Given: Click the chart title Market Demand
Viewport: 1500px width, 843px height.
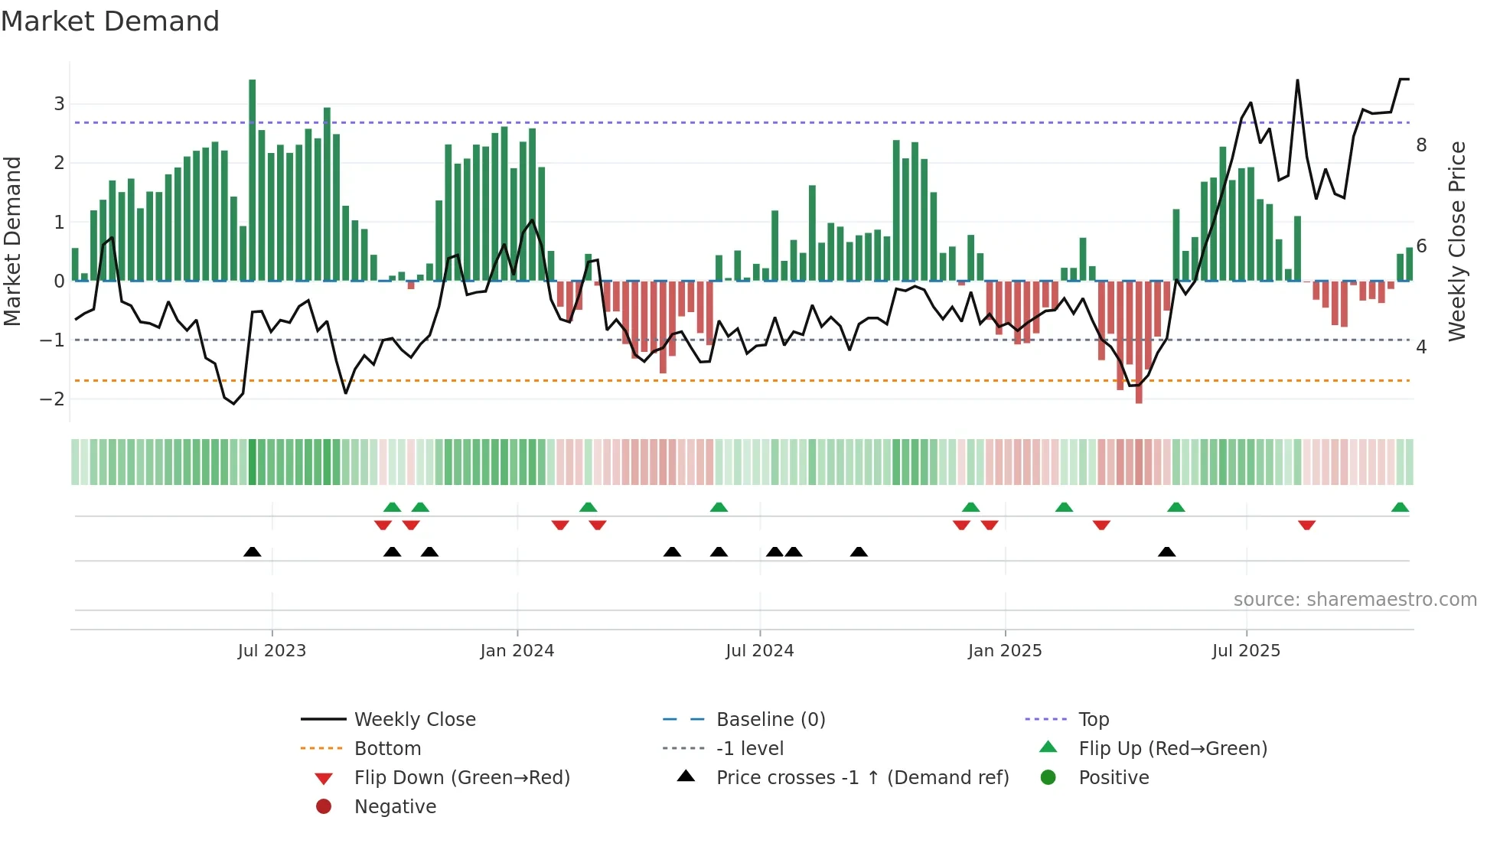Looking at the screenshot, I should [110, 21].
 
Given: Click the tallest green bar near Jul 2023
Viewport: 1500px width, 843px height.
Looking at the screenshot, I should [253, 180].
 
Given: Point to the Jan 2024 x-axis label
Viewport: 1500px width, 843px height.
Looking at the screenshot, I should [517, 651].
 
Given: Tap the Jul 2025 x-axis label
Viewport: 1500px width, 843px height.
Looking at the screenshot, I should [1246, 651].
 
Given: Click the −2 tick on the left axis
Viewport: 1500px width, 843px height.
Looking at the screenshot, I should [52, 399].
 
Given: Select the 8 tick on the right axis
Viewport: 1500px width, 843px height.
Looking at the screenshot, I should [1421, 145].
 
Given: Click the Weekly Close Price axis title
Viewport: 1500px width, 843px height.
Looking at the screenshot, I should [1457, 241].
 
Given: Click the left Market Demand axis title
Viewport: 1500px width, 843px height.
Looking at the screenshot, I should [13, 241].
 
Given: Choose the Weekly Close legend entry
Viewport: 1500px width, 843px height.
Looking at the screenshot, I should [415, 720].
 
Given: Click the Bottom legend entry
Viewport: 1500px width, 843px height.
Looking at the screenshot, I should [387, 749].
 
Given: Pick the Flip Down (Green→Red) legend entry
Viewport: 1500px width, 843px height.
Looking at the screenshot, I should [461, 778].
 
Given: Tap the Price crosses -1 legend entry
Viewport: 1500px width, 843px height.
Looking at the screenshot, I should [862, 778].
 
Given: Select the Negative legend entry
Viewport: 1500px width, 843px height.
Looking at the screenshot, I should [395, 807].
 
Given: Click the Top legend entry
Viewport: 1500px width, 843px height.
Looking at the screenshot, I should [1094, 720].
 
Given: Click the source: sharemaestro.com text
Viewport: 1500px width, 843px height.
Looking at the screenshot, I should [1355, 600].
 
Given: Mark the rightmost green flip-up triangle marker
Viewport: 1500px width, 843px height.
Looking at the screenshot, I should [1400, 507].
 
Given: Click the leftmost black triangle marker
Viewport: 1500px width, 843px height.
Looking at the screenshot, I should [253, 552].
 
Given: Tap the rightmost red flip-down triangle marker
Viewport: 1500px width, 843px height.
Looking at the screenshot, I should [1306, 525].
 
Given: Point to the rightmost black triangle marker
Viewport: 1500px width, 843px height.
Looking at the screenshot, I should [1166, 552].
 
